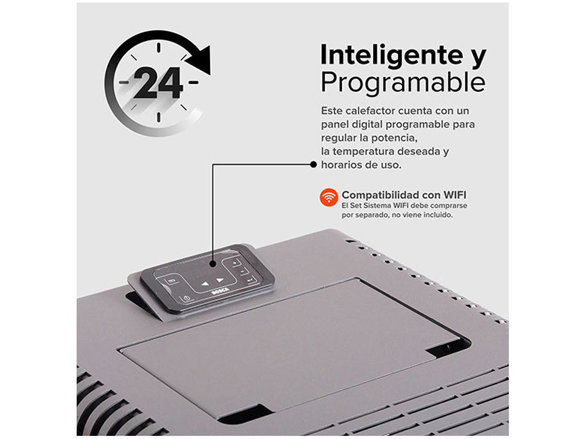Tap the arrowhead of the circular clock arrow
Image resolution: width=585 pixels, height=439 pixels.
coord(200,59)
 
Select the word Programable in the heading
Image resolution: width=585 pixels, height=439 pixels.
coord(403,82)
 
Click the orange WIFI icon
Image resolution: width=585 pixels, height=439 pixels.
coord(328,198)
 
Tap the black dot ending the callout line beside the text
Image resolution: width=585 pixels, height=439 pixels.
coord(313,164)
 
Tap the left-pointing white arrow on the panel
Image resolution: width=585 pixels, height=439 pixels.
coord(205,283)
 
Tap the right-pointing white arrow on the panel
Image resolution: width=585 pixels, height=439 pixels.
coord(220,280)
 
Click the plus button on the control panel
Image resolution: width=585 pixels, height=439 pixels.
coord(236,264)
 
